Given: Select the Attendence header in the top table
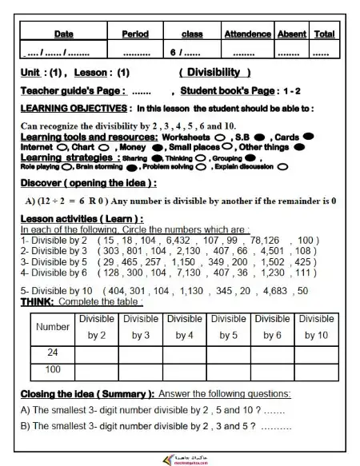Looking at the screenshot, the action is pos(247,35).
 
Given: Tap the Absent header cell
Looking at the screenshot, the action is pos(291,35).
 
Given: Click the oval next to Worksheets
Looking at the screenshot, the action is pos(218,137).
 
